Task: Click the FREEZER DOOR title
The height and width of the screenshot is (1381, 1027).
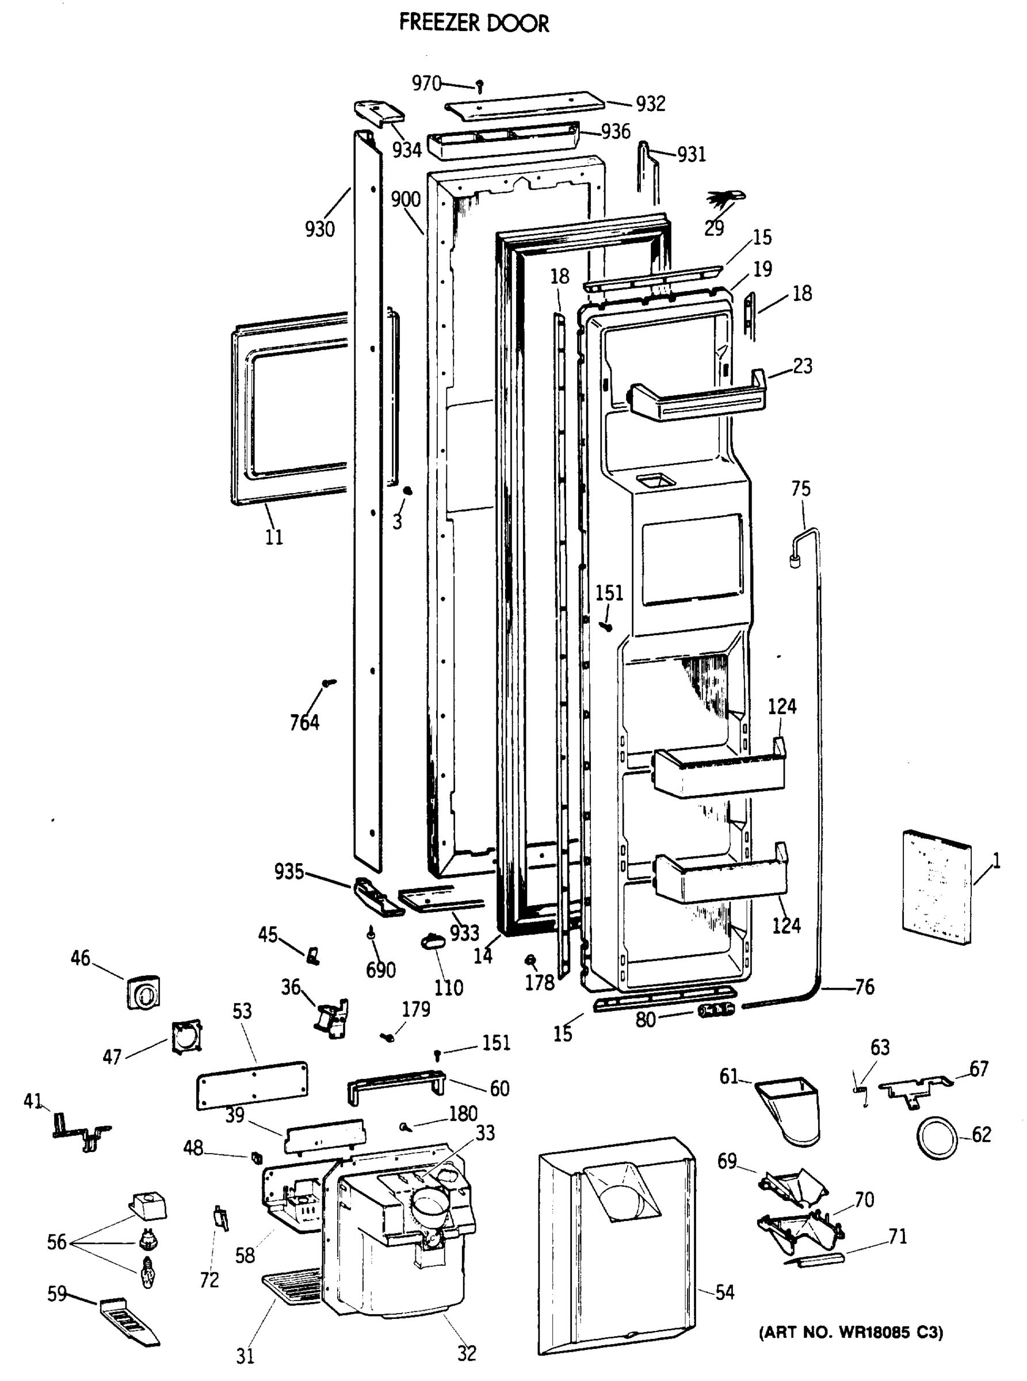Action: click(474, 23)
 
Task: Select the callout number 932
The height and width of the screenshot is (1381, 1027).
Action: click(650, 103)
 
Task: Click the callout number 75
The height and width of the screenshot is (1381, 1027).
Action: click(801, 489)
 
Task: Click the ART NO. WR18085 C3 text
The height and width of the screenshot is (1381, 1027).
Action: click(851, 1332)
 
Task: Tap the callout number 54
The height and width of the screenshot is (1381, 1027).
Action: click(724, 1292)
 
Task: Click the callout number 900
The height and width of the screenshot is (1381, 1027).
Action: click(405, 200)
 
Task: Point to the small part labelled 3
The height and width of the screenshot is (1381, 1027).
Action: click(408, 491)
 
